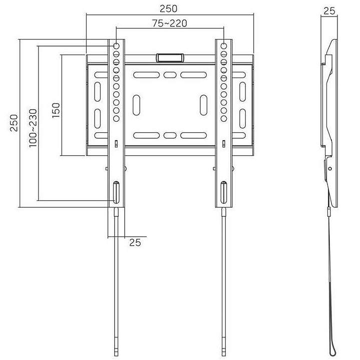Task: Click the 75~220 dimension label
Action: (x=169, y=23)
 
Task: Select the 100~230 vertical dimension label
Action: (x=33, y=128)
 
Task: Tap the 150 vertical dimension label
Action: (x=56, y=110)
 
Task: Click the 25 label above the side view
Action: (x=329, y=11)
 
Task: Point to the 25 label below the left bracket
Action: (x=135, y=242)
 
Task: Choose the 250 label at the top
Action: (x=169, y=9)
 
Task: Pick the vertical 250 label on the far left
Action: (x=14, y=123)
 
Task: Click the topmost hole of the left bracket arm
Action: (x=116, y=46)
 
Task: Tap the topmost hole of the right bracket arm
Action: (x=224, y=46)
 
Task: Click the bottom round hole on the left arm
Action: (x=116, y=119)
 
